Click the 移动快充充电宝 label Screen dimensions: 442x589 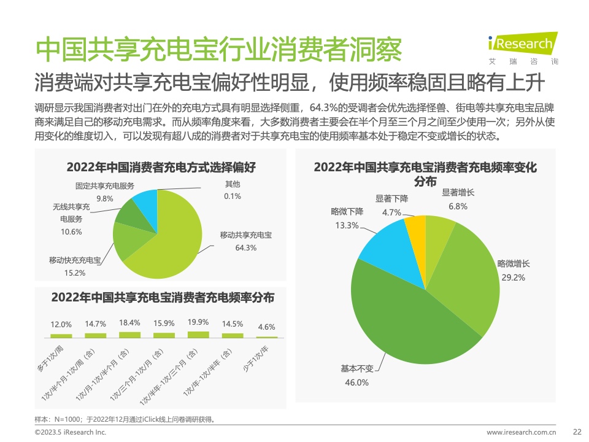75,260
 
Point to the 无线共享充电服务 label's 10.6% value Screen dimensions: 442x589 71,231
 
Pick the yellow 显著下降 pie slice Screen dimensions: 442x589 416,236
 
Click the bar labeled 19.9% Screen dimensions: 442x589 198,335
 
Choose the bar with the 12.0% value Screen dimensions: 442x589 61,336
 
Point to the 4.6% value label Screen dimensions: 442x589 266,327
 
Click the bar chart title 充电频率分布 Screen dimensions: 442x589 163,298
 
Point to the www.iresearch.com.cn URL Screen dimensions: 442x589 520,432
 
